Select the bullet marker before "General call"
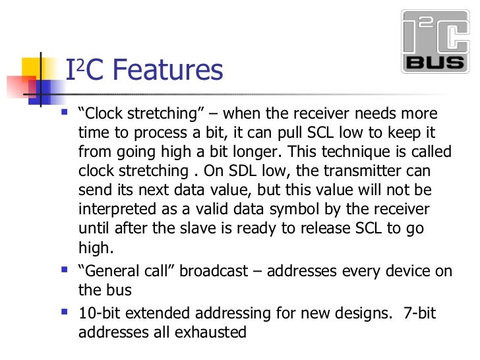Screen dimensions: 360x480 click(x=63, y=270)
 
